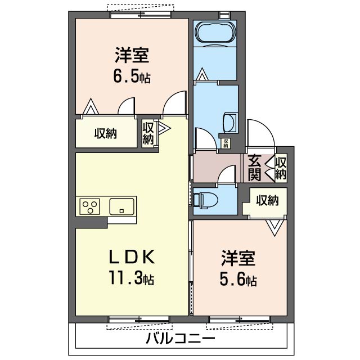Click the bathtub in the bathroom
[215, 32]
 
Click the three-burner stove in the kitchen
[89, 206]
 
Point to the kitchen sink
[121, 206]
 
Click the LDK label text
[131, 257]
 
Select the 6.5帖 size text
[132, 77]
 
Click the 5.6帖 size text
[238, 280]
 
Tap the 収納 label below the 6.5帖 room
[105, 134]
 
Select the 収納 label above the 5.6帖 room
[267, 200]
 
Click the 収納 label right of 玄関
[281, 168]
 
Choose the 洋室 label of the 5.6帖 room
[238, 259]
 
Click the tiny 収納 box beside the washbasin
[226, 143]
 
